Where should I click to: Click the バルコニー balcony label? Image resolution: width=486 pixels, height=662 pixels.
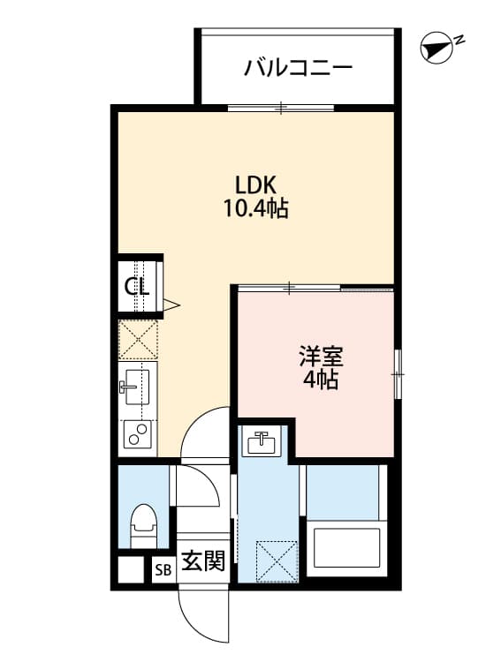pyautogui.click(x=298, y=67)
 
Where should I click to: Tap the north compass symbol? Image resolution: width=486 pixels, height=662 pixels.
pyautogui.click(x=435, y=49)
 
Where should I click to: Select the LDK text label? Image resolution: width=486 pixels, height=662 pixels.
pyautogui.click(x=256, y=185)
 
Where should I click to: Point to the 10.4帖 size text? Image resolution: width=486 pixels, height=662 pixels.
pyautogui.click(x=256, y=210)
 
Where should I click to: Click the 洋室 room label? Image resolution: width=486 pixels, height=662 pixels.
pyautogui.click(x=320, y=357)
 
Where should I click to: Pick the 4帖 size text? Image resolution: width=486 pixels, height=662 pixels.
pyautogui.click(x=320, y=381)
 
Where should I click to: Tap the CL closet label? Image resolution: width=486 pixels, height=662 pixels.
pyautogui.click(x=136, y=286)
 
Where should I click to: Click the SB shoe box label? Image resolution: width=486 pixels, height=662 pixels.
pyautogui.click(x=162, y=569)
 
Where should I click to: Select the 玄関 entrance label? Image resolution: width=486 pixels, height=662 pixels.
pyautogui.click(x=202, y=561)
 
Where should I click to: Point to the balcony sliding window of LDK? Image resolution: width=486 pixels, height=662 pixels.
pyautogui.click(x=281, y=109)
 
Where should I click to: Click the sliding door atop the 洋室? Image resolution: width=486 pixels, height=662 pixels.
pyautogui.click(x=314, y=288)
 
